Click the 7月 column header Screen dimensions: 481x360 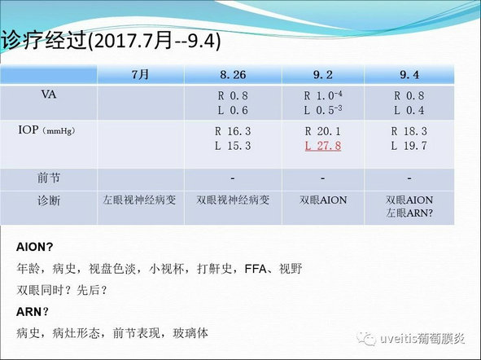140,75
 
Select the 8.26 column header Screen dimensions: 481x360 233,75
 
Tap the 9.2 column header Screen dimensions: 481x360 323,75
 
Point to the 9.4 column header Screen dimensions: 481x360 409,75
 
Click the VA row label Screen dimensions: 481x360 49,94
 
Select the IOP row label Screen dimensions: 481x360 46,130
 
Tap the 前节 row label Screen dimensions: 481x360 49,178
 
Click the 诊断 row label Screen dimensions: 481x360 49,200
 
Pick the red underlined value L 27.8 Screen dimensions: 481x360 323,146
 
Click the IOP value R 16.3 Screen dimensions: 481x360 233,131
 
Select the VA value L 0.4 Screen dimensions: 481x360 409,110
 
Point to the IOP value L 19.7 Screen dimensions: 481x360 409,146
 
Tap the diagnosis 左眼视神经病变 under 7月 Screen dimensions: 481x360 139,200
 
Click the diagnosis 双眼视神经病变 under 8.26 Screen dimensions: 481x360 233,200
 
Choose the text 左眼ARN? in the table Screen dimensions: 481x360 409,213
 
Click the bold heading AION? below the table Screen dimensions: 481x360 34,247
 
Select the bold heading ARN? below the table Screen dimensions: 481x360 33,312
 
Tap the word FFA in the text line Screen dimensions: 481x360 256,269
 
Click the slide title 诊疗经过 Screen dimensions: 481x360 44,40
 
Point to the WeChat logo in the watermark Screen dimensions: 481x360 366,339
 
